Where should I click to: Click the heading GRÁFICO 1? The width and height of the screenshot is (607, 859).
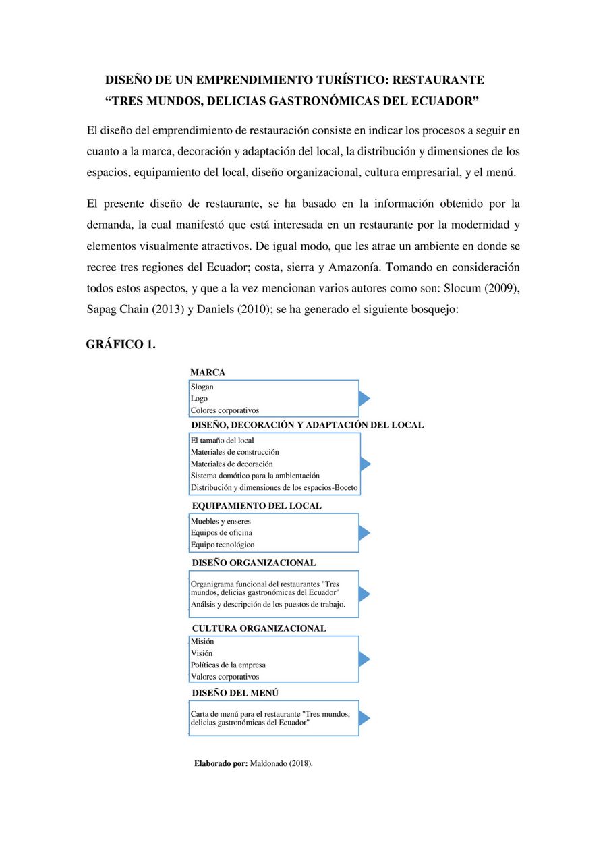121,345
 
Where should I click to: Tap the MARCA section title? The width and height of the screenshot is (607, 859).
208,372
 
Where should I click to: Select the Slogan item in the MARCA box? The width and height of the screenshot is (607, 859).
202,387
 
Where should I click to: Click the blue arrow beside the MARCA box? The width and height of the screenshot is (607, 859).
364,399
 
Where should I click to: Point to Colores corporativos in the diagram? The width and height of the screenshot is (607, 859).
225,410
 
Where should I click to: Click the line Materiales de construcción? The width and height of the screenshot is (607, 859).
235,452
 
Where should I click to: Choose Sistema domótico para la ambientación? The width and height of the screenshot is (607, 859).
255,476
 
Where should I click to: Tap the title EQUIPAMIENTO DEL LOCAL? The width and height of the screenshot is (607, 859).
256,505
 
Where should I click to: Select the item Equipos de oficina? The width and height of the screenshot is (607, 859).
221,533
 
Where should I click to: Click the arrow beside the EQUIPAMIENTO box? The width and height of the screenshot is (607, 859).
364,533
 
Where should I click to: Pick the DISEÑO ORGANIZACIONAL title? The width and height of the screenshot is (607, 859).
254,563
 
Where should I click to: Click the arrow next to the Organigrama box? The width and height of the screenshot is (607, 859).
364,594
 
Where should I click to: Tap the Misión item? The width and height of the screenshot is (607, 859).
202,642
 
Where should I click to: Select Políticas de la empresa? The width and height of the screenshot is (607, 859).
228,665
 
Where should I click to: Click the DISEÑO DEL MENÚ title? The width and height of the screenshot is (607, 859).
235,693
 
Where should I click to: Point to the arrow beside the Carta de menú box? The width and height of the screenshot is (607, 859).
364,719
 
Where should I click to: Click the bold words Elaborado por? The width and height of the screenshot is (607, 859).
221,764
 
